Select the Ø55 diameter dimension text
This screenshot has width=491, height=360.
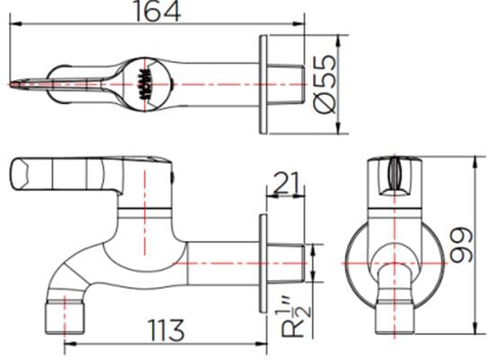pyautogui.click(x=325, y=84)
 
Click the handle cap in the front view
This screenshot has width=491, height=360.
pyautogui.click(x=397, y=175)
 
